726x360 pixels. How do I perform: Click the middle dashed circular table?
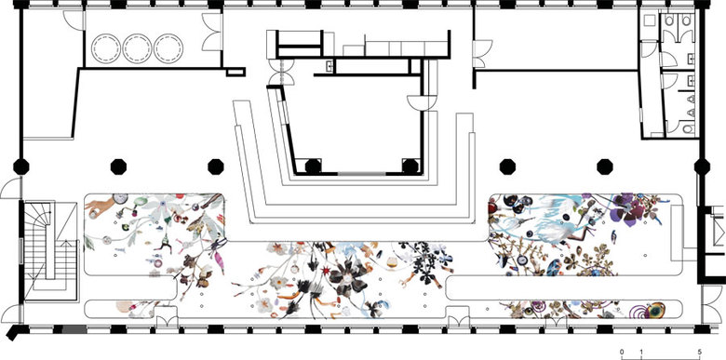137,48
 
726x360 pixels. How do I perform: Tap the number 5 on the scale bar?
700,352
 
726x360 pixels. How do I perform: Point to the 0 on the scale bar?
622,352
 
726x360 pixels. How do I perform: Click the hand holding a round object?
98,207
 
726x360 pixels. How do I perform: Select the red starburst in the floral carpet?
327,270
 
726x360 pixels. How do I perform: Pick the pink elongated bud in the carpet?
219,262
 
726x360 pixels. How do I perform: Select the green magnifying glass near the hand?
140,203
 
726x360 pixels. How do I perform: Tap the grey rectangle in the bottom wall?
74,329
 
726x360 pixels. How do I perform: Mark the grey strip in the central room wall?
361,174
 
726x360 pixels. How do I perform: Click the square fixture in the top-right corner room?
649,20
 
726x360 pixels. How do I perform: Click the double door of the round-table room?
211,32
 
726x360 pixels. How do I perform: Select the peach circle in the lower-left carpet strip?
124,307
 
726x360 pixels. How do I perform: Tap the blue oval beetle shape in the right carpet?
554,268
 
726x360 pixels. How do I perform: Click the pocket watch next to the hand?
120,199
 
